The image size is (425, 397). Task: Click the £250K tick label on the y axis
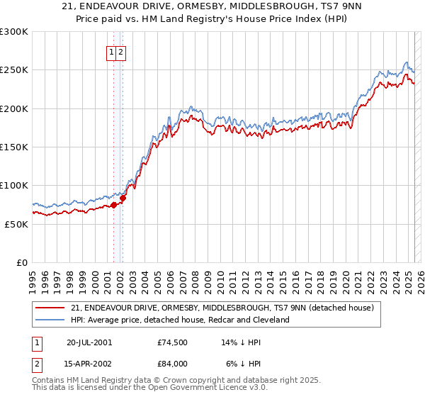pyautogui.click(x=14, y=70)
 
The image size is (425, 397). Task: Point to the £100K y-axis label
pyautogui.click(x=14, y=185)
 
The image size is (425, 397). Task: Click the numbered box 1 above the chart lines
pyautogui.click(x=112, y=52)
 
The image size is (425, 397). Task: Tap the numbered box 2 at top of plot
pyautogui.click(x=121, y=52)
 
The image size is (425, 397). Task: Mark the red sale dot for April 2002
pyautogui.click(x=123, y=198)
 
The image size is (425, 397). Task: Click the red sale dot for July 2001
pyautogui.click(x=113, y=205)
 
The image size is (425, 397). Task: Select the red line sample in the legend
pyautogui.click(x=51, y=308)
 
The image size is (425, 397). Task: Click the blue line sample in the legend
pyautogui.click(x=51, y=320)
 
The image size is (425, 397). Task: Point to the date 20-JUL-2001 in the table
pyautogui.click(x=89, y=342)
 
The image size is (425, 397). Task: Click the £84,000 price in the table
pyautogui.click(x=172, y=364)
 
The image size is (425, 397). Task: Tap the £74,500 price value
pyautogui.click(x=172, y=342)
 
